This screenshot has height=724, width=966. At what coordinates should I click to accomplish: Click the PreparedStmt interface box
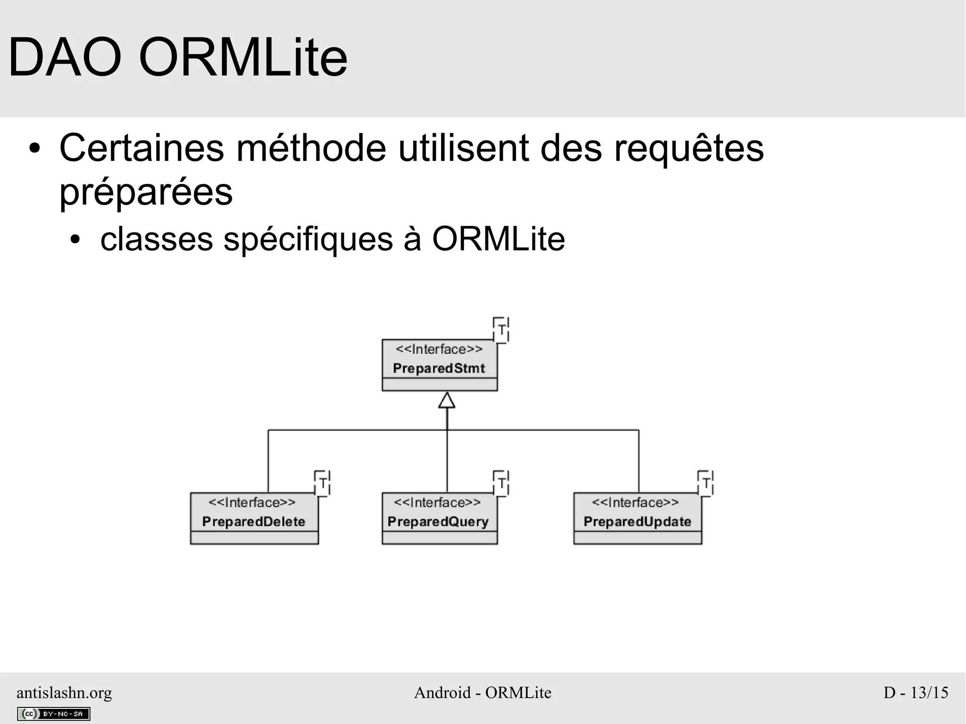439,365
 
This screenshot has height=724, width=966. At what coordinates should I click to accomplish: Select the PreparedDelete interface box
254,518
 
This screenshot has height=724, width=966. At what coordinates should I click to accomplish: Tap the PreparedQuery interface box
439,518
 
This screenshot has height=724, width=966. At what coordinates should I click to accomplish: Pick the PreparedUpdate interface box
637,518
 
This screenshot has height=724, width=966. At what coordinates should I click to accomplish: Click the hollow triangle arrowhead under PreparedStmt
447,400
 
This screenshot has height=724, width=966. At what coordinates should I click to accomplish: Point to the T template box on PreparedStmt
501,330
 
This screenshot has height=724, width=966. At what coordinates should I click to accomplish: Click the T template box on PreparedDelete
323,483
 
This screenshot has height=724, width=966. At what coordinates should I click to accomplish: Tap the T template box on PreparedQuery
501,483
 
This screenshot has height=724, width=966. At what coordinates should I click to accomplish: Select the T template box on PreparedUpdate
706,483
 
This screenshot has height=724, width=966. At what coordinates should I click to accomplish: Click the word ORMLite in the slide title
243,58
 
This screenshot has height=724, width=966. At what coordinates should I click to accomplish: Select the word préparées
146,192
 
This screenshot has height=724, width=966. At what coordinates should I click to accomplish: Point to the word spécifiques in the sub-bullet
308,240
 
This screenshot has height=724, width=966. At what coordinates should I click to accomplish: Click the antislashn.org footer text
65,692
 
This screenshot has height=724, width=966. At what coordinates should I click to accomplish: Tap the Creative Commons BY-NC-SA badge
53,714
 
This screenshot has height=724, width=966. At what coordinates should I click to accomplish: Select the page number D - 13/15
916,692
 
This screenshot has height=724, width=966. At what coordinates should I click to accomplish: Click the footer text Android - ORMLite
483,692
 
